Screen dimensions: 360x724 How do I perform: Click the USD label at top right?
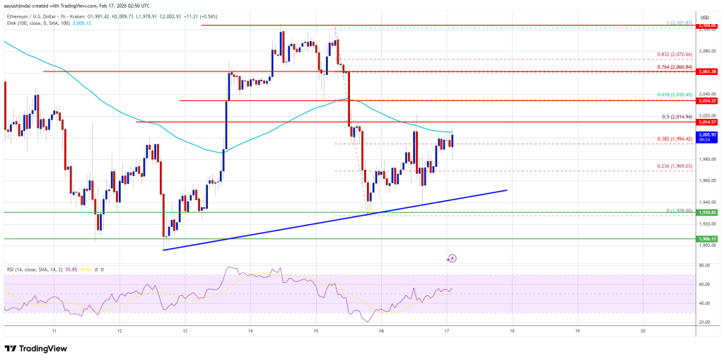[704, 16]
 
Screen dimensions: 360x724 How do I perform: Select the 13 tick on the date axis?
[185, 330]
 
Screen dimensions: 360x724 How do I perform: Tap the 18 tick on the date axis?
[513, 330]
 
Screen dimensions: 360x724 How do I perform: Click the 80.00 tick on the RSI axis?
[705, 265]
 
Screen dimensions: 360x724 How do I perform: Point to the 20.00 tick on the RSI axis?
[705, 322]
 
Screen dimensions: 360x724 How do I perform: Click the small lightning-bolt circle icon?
[452, 258]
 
